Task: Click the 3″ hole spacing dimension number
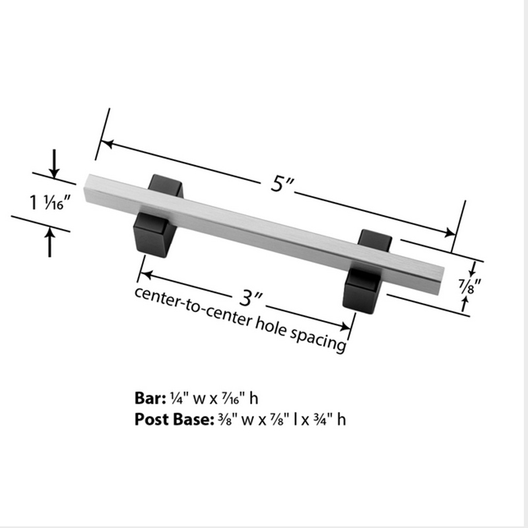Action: (x=247, y=299)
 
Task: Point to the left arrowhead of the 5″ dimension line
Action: (x=103, y=141)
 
